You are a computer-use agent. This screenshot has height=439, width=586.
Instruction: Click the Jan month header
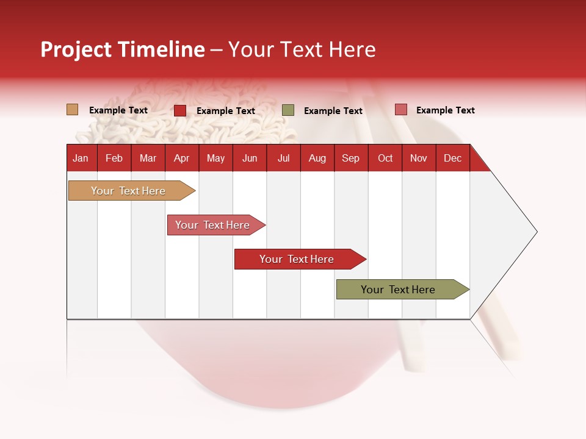tap(81, 158)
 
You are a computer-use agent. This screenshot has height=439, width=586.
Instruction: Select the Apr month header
tap(181, 158)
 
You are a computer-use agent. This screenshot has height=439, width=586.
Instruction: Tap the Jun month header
tap(250, 158)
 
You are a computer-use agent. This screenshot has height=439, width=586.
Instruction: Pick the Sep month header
tap(350, 158)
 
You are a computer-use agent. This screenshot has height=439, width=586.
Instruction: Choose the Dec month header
tap(452, 158)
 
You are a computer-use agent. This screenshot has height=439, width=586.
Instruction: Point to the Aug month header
tap(317, 158)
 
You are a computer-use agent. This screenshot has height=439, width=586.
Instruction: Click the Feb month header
tap(114, 158)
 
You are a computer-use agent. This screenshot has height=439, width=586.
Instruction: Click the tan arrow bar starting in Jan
tap(129, 191)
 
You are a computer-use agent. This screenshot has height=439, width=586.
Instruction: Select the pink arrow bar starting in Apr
tap(212, 225)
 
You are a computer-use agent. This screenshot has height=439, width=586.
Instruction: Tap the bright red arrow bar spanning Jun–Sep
tap(297, 259)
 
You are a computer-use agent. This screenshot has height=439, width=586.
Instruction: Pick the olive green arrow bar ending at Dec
tap(398, 290)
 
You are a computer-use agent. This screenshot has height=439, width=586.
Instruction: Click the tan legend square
tap(72, 110)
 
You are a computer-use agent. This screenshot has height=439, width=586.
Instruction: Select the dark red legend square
tap(179, 110)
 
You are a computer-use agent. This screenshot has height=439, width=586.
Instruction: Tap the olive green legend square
tap(288, 110)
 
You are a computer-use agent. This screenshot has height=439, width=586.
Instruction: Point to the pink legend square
tap(400, 110)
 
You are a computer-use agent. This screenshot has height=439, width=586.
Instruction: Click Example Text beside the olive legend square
tap(333, 111)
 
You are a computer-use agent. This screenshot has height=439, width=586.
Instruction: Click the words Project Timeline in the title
tap(123, 49)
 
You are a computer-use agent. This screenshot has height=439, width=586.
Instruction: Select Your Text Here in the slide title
tap(302, 49)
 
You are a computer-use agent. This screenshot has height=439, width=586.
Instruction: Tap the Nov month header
tap(419, 158)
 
